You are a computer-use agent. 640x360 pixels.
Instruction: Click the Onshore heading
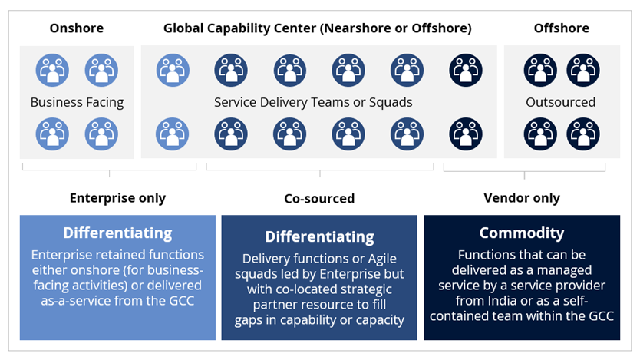coord(77,28)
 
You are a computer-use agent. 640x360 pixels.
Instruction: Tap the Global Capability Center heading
coord(317,28)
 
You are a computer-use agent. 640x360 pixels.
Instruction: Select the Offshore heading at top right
coord(561,28)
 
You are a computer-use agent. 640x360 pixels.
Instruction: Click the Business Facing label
coord(77,102)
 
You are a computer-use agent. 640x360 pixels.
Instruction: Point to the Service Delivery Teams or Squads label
coord(313,102)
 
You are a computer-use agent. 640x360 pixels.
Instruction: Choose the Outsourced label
coord(561,102)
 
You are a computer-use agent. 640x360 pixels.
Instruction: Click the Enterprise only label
coord(117,198)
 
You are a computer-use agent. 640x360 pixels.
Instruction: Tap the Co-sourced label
coord(319,199)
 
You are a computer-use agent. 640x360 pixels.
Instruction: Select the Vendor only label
coord(522,198)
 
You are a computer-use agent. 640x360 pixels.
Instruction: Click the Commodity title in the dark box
coord(522,233)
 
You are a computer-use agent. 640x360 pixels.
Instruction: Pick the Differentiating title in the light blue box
coord(117,233)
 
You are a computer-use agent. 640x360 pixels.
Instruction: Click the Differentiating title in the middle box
coord(319,237)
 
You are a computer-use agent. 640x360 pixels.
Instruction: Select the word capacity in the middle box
coord(379,319)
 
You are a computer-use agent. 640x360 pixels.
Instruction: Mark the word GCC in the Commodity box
coord(599,315)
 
